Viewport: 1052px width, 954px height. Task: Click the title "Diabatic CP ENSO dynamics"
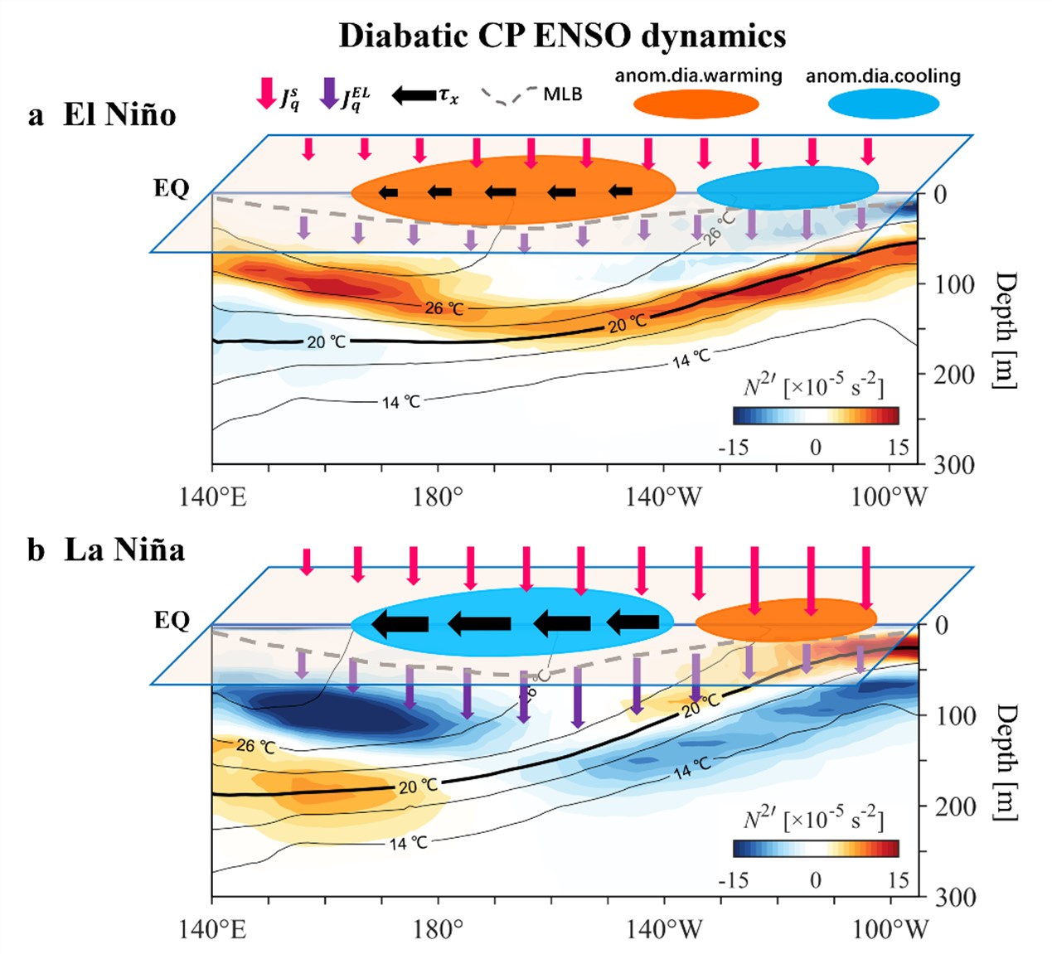(562, 36)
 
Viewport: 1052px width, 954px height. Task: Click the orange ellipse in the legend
(696, 104)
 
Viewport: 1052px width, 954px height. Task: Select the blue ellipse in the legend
(883, 104)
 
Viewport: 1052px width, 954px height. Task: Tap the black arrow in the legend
(414, 94)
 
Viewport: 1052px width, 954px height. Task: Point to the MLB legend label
(563, 94)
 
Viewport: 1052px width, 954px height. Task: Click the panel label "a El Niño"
(102, 114)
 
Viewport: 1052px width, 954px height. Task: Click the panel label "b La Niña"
(105, 550)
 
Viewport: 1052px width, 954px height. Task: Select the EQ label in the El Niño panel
(172, 188)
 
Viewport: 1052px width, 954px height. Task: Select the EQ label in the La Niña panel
(172, 620)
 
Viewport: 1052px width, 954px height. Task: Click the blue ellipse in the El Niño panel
(787, 188)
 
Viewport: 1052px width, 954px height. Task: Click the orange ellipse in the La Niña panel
(785, 620)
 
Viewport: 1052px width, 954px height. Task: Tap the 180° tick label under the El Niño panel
(438, 497)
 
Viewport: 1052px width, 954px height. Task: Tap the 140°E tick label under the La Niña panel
(212, 929)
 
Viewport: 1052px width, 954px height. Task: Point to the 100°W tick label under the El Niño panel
(890, 497)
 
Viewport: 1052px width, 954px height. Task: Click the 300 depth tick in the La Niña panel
(955, 898)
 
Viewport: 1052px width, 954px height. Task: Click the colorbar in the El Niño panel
(815, 415)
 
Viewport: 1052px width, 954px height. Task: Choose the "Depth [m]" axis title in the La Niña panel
(1005, 763)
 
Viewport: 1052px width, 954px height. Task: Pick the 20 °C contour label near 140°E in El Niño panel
(327, 341)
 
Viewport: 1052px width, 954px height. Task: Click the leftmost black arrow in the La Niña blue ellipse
(400, 623)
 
